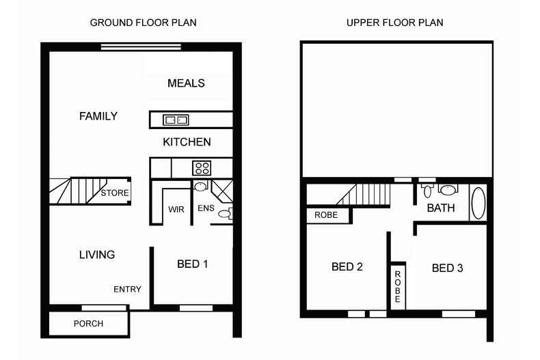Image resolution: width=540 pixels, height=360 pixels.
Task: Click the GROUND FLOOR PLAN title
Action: coord(143,23)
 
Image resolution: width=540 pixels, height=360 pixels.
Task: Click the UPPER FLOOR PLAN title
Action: coord(394,23)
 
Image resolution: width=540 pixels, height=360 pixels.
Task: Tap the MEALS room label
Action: coord(186,83)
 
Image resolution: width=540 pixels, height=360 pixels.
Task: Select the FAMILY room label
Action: coord(98,116)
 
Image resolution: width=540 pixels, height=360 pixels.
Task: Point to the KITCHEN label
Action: coord(187,142)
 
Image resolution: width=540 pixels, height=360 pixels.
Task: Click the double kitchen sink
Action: coord(176,120)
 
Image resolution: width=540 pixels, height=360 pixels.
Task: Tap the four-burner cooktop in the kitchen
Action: coord(202,167)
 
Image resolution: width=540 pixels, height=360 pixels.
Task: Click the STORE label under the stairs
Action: coord(115,193)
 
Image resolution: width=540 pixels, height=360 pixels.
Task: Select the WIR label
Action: coord(176,210)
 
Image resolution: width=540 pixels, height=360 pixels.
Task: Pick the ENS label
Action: coord(205,208)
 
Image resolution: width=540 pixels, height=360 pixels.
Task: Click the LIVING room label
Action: coord(96,255)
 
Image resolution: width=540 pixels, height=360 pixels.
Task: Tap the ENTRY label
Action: coord(127,290)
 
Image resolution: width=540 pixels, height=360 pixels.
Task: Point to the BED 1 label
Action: coord(192,264)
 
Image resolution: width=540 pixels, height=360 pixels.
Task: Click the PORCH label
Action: coord(88,323)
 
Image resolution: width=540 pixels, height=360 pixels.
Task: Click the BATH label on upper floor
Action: coord(441,208)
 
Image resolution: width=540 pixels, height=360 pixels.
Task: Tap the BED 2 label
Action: coord(347,267)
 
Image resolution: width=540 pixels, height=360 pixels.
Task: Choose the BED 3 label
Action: coord(447,268)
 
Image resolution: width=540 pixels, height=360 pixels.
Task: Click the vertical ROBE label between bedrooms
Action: coord(397,286)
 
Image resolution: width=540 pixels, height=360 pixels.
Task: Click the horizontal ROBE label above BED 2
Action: coord(326,215)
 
